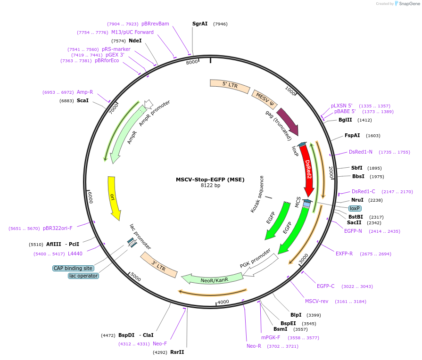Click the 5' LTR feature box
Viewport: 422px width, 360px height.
coord(230,86)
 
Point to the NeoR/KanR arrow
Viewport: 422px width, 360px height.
coord(214,279)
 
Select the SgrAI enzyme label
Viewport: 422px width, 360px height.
coord(200,24)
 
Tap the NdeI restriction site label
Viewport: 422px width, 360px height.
coord(135,41)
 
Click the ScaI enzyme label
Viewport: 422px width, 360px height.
coord(83,101)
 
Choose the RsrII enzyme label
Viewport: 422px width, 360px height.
coord(177,352)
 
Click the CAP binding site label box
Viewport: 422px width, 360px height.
coord(73,268)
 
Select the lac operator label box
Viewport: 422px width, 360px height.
coord(83,276)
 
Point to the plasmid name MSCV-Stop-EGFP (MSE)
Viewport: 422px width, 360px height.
coord(210,180)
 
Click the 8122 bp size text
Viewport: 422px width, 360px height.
coord(210,186)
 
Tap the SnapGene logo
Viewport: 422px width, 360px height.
coord(406,4)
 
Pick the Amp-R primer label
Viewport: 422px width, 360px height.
coord(85,92)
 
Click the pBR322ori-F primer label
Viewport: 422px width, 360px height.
coord(58,229)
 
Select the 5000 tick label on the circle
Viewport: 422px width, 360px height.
coord(136,277)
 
